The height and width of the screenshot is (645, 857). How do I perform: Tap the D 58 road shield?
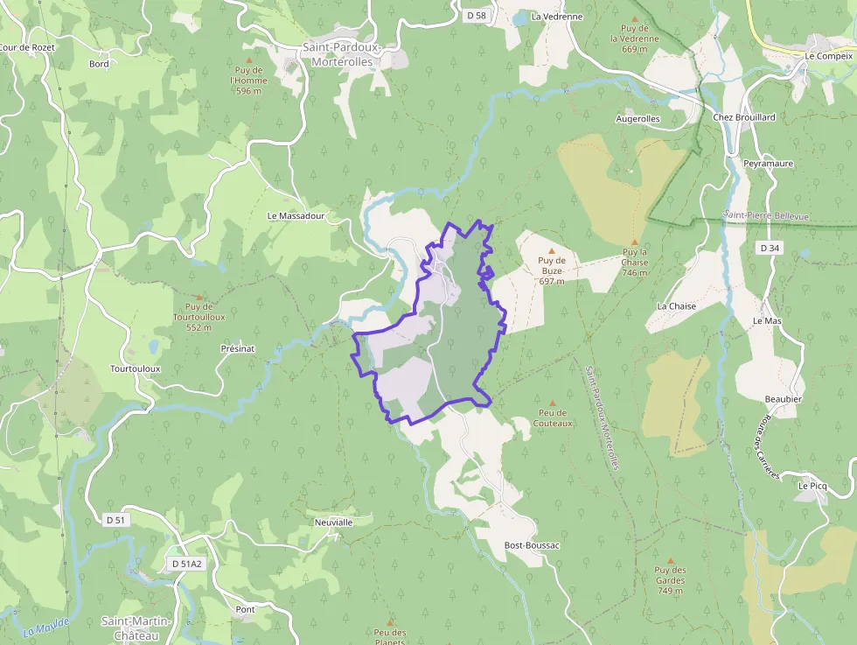[475, 16]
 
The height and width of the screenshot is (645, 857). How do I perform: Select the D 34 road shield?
[769, 249]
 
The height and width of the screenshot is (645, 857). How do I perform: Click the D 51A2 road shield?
[186, 564]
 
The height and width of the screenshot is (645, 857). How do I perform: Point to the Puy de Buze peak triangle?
[552, 249]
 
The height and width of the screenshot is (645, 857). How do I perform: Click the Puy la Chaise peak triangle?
[635, 242]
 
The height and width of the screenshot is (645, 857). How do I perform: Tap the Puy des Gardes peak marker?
[671, 561]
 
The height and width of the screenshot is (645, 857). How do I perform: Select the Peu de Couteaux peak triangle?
[553, 403]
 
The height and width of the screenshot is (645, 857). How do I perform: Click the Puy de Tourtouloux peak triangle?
[199, 298]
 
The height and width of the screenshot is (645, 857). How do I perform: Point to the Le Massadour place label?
[296, 215]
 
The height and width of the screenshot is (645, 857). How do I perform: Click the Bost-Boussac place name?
[532, 545]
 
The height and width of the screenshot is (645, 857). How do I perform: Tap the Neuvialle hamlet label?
[333, 522]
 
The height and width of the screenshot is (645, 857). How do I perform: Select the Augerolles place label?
[638, 118]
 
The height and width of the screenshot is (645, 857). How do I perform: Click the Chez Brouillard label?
[744, 116]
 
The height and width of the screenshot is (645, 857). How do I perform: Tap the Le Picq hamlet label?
[812, 484]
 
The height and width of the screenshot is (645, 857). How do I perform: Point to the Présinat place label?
[238, 348]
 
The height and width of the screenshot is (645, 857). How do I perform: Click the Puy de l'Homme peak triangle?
[248, 60]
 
